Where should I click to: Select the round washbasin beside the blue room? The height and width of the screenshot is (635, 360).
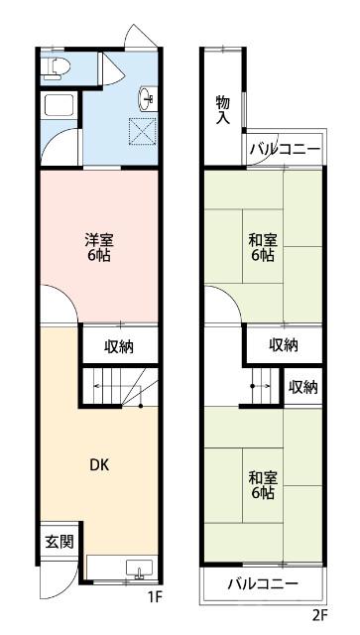[148, 97]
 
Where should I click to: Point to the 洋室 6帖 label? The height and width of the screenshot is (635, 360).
[97, 245]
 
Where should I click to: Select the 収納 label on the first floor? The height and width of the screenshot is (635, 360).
[120, 346]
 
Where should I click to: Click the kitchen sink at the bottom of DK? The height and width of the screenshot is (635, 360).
[138, 569]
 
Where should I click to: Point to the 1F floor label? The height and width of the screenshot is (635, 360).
[154, 597]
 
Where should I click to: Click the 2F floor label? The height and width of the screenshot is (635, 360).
[318, 614]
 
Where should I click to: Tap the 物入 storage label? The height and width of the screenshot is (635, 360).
[223, 110]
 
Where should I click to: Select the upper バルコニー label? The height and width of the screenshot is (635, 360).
[285, 150]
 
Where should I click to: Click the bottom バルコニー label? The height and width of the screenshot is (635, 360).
[263, 583]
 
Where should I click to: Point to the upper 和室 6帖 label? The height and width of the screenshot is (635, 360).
[262, 246]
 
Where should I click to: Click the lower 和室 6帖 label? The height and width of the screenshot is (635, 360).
[262, 484]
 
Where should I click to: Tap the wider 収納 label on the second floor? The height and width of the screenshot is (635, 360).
[284, 345]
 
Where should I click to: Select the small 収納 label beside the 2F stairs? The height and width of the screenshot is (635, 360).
[303, 387]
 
